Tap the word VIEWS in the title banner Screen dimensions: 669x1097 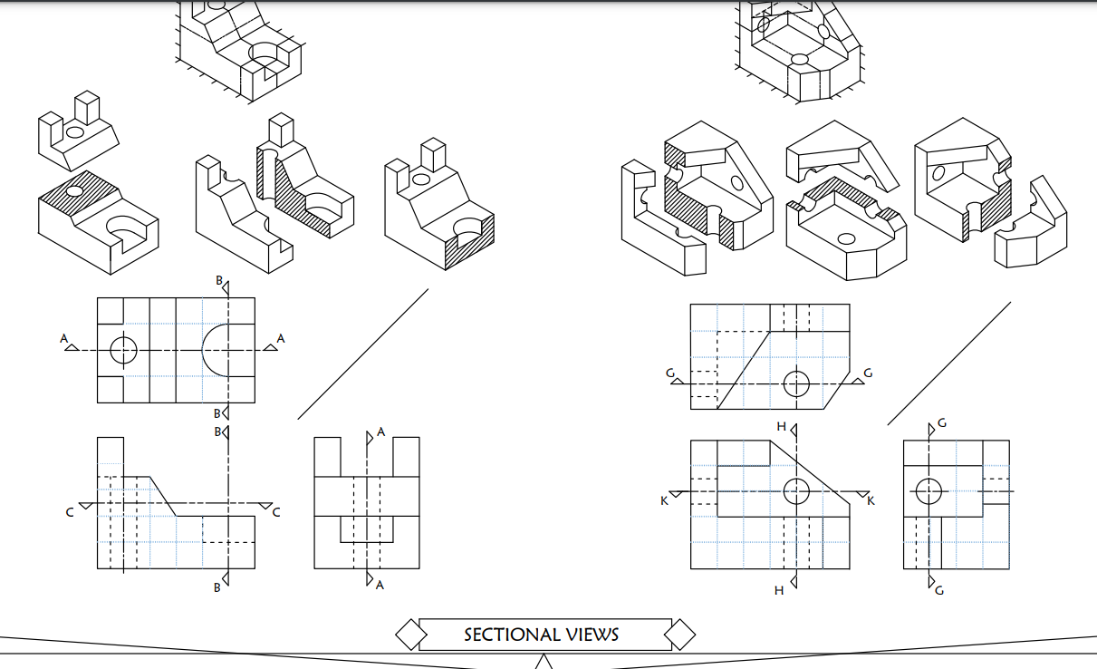coord(589,635)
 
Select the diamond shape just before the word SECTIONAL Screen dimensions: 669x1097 coord(411,635)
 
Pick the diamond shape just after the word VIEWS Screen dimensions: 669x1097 coord(680,635)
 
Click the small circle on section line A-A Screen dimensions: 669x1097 coord(123,350)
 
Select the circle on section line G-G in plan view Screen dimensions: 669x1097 coord(796,383)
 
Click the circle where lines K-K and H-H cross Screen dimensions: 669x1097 coord(796,491)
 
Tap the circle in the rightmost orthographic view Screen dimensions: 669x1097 coord(929,491)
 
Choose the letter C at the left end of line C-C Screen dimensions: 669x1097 coord(70,513)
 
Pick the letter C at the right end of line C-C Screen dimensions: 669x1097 coord(276,513)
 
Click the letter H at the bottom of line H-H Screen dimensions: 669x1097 coord(779,591)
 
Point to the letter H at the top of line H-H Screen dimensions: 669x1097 coord(781,426)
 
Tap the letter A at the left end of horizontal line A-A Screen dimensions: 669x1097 coord(64,339)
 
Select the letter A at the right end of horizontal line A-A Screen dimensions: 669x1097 coord(280,339)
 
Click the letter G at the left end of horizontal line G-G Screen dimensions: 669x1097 coord(669,373)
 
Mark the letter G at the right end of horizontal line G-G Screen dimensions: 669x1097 coord(869,373)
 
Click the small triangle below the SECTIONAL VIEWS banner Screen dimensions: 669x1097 coord(544,663)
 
